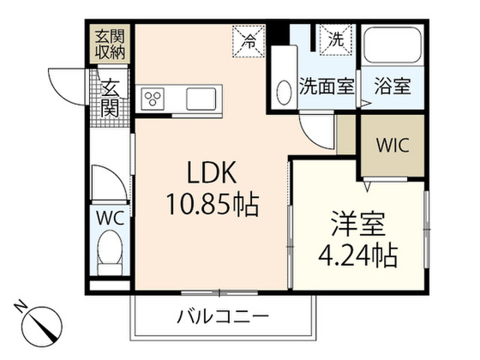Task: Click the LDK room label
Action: pos(211,172)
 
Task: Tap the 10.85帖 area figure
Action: pos(212,204)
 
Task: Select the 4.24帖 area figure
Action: pos(358,255)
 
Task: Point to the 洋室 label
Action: pos(358,223)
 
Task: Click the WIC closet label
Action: pos(393,145)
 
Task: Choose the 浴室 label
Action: pos(392,86)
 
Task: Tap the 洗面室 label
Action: pos(327,86)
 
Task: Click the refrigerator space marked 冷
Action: pos(248,41)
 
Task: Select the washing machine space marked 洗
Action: pos(336,40)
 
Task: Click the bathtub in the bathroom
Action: pos(392,45)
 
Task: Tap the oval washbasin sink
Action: pos(284,93)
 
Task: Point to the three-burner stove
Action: pos(152,98)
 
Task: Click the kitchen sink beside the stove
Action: pos(201,98)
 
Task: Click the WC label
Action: pos(110,218)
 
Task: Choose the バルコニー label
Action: pos(223,316)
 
